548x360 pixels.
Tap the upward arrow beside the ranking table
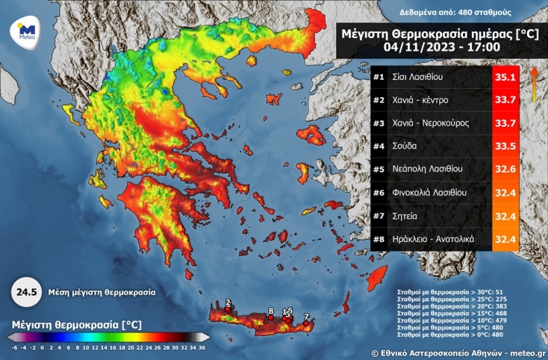click(535, 82)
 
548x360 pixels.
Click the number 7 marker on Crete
click(306, 317)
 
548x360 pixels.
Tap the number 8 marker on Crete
click(270, 310)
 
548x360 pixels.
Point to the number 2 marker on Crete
click(228, 302)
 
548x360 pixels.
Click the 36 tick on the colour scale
click(202, 347)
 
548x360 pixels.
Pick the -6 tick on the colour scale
click(14, 347)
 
